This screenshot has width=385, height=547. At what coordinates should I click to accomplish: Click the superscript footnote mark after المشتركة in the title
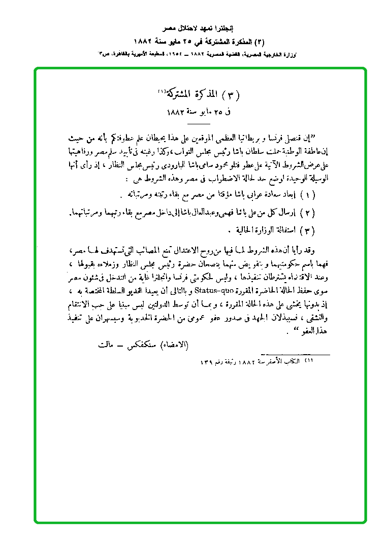point(162,91)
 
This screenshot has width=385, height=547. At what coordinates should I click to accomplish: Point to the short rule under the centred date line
point(198,123)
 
